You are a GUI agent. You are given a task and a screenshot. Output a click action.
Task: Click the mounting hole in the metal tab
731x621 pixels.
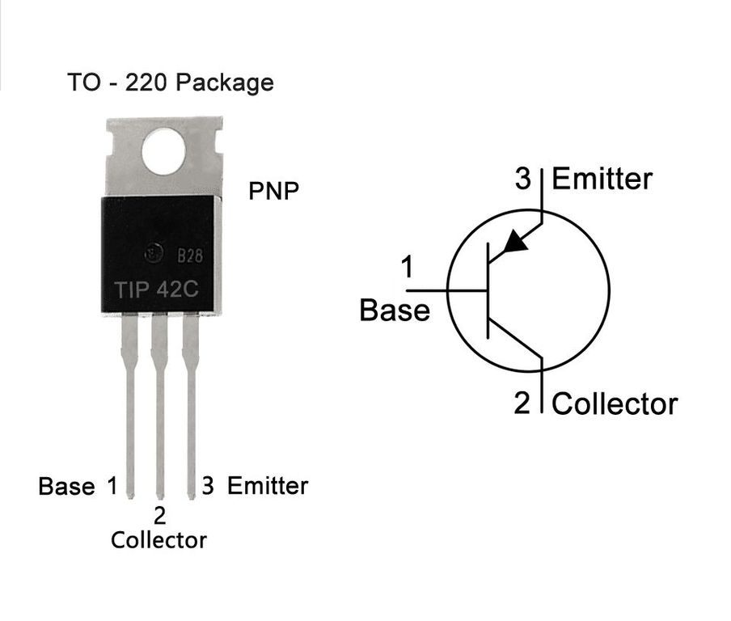tap(163, 152)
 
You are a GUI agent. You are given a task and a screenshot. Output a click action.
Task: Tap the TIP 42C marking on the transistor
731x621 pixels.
tap(157, 289)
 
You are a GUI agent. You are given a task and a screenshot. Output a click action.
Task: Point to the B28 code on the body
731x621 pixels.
tap(190, 256)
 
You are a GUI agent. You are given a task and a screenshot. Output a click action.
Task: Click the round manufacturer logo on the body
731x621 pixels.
tap(154, 254)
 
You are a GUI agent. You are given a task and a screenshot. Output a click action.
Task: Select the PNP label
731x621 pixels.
tap(273, 191)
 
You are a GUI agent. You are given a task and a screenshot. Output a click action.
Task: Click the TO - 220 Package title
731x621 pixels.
tap(171, 82)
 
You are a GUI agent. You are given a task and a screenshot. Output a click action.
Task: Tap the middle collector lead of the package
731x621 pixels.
tap(159, 406)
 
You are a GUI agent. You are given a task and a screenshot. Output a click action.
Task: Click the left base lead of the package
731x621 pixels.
tap(129, 406)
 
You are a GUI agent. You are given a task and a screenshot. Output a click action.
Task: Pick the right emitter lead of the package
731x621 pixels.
tap(190, 406)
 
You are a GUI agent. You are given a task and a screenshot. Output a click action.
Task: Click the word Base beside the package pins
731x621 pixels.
tap(66, 486)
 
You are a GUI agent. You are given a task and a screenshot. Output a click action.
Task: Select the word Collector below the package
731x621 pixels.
tap(158, 540)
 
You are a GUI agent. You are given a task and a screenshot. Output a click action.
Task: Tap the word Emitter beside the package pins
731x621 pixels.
tap(268, 486)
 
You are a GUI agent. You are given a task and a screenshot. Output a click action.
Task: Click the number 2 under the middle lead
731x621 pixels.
tap(159, 516)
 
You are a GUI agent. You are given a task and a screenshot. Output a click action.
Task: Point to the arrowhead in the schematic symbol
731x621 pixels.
tap(516, 242)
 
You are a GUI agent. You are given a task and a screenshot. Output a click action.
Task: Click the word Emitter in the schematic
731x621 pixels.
tap(602, 179)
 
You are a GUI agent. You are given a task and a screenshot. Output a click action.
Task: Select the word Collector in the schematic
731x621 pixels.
tap(615, 403)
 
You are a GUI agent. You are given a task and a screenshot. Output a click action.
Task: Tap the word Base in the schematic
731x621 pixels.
tap(395, 310)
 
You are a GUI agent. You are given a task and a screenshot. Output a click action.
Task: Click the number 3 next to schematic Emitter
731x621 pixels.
tap(523, 179)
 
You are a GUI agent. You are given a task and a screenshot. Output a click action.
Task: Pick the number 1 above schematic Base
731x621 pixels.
tap(408, 267)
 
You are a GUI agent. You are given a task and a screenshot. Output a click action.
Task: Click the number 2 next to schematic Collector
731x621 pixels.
tap(522, 403)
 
